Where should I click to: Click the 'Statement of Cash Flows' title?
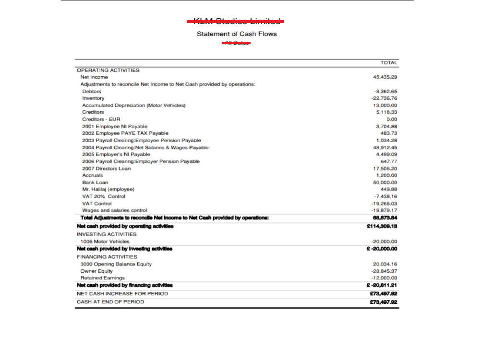pos(237,34)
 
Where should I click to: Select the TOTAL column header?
pos(388,63)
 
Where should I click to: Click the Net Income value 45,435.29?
pos(385,77)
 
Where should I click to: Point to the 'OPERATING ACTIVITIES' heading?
pos(108,70)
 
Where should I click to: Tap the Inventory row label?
pos(93,98)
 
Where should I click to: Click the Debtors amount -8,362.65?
pos(385,91)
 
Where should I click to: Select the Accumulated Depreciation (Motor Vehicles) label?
pos(133,105)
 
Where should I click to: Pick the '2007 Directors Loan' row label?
pos(106,168)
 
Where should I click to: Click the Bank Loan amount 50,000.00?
pos(385,183)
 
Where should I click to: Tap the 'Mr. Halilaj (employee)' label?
pos(108,190)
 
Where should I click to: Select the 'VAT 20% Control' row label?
pos(104,196)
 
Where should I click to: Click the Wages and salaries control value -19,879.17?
pos(384,211)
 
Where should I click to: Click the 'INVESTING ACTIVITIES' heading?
pos(107,234)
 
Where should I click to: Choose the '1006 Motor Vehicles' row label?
pos(105,241)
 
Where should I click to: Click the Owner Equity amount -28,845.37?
pos(384,271)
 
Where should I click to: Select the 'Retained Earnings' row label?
pos(102,278)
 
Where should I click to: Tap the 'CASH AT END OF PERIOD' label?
pos(110,302)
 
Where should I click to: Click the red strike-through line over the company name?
pos(235,21)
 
